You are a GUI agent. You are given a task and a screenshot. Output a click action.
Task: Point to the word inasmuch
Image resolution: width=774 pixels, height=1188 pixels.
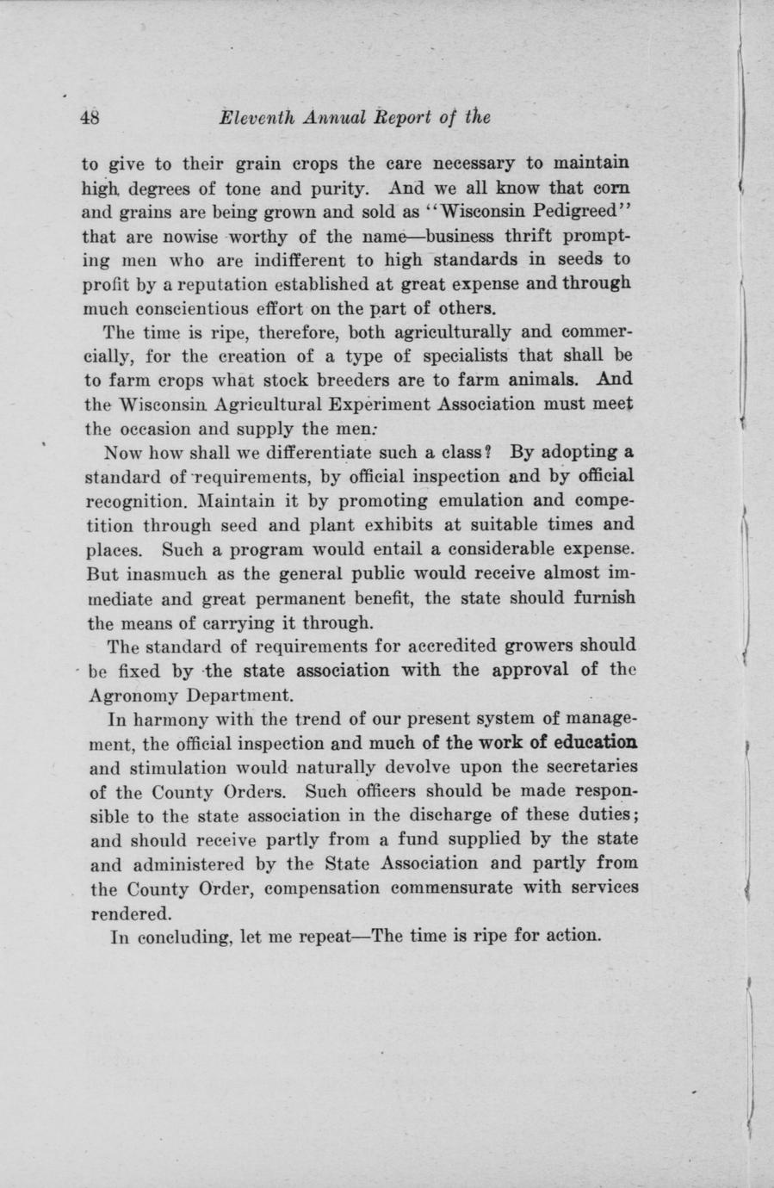pos(163,572)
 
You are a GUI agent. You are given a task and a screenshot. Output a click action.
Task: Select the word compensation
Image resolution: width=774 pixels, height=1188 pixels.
pos(331,888)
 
